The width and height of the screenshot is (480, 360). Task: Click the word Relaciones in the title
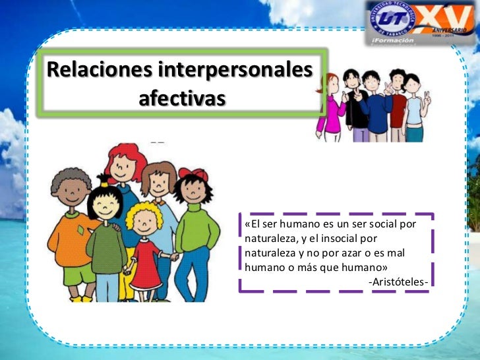tap(88, 69)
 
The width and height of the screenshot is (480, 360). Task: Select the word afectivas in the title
tap(182, 98)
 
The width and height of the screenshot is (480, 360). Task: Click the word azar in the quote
tap(367, 253)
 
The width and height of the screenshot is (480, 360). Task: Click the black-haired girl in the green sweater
tap(105, 237)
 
